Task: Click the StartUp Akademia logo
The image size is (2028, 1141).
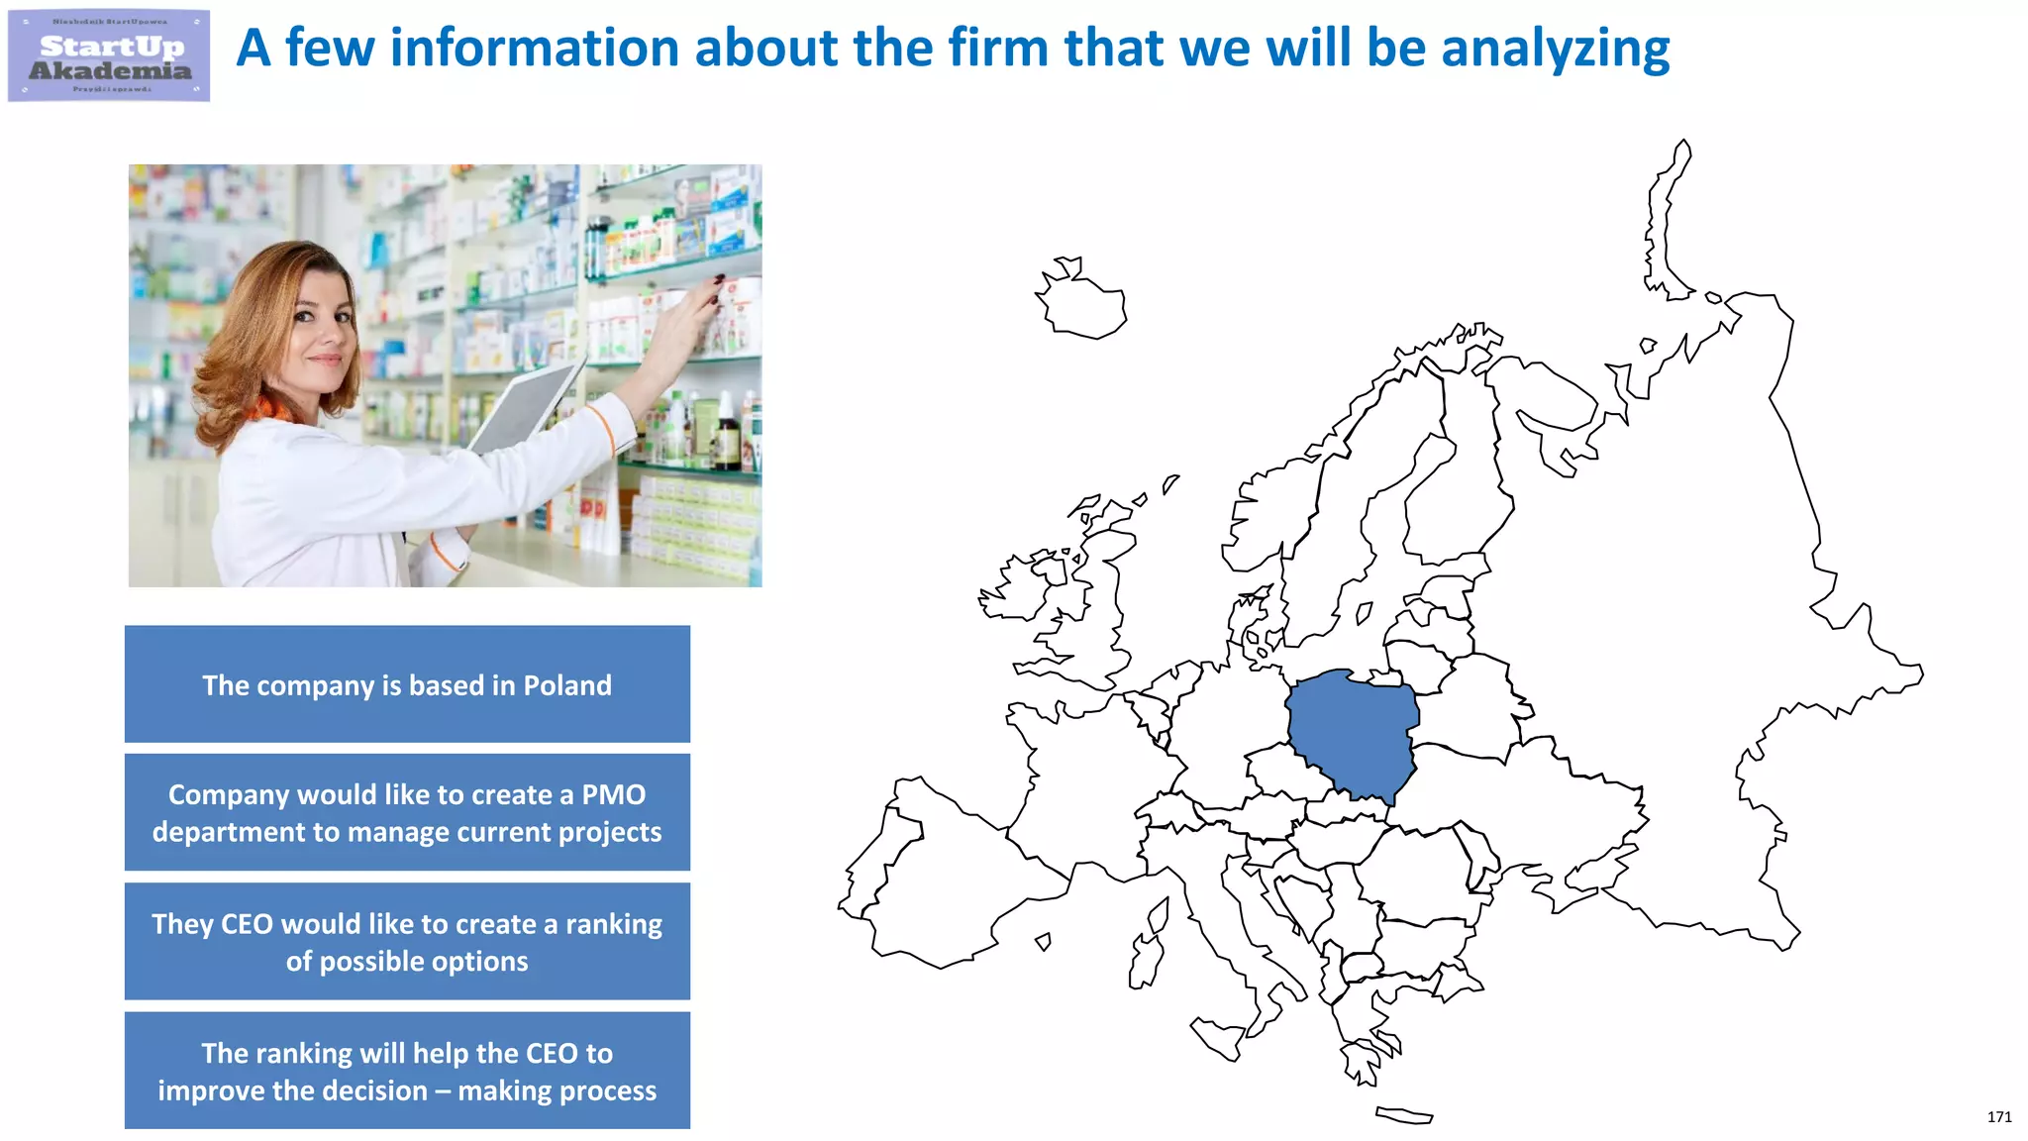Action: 109,56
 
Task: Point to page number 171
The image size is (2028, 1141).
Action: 1998,1116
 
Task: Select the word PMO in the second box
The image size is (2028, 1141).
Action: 613,794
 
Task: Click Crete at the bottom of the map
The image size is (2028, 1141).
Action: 1404,1115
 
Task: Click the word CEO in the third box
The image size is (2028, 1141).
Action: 247,924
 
